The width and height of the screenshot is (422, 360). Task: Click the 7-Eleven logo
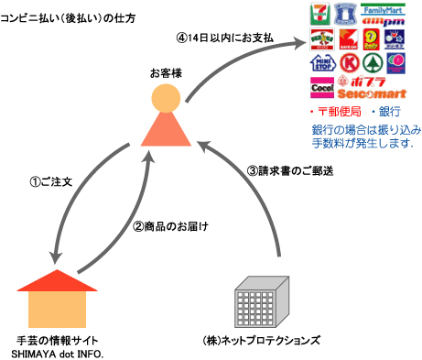pos(319,16)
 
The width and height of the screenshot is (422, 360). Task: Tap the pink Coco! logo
pos(321,90)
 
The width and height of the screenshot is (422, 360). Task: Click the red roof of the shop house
pos(57,278)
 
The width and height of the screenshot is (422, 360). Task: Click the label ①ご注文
pos(49,182)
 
